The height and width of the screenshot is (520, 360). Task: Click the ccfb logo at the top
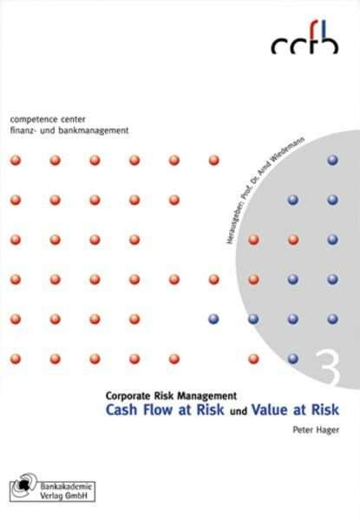pos(304,35)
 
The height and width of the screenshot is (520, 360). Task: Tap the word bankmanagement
pos(94,130)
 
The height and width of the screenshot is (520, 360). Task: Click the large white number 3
pos(328,367)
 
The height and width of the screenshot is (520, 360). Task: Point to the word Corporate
pos(128,396)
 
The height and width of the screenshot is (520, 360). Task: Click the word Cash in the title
pos(121,410)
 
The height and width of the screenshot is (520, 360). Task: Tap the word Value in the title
pos(270,410)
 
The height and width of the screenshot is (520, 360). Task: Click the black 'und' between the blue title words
pos(239,411)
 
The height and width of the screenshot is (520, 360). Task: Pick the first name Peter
pos(303,430)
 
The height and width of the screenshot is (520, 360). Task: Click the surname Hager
pos(328,431)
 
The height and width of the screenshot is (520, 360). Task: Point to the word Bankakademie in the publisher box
pos(66,486)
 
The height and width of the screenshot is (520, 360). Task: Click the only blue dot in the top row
pos(332,161)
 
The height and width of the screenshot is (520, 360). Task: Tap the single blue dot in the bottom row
pos(293,359)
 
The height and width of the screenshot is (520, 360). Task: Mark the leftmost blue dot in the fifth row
pos(213,319)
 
